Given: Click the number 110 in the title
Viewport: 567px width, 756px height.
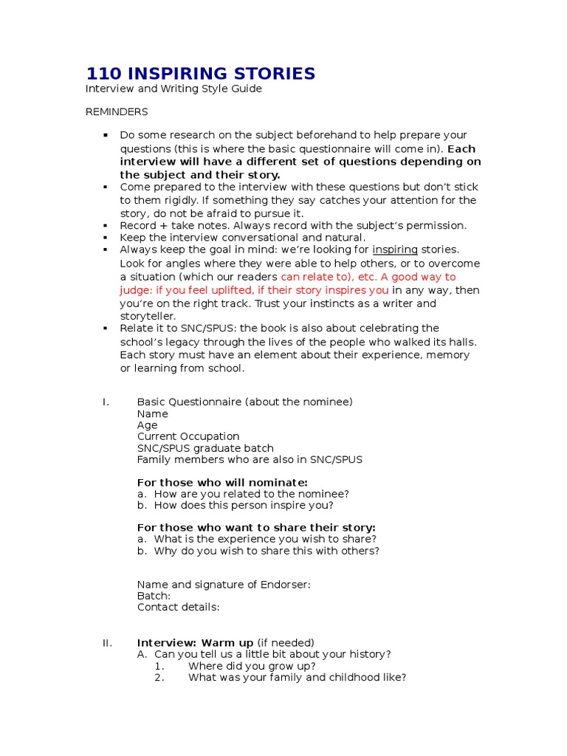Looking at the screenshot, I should [x=104, y=74].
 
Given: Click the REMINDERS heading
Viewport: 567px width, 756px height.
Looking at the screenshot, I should [x=117, y=112].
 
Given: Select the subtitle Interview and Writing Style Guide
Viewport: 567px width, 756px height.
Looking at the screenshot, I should [x=173, y=89].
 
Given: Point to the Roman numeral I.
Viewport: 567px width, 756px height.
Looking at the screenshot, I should [x=106, y=402].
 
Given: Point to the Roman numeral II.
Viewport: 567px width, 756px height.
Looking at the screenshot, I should [x=107, y=643].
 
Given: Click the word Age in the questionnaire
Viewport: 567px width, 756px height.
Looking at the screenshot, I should [x=147, y=425].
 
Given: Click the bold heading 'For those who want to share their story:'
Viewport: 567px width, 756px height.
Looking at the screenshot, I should [x=256, y=528].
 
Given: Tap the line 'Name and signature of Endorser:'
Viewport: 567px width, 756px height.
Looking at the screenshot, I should [x=224, y=585].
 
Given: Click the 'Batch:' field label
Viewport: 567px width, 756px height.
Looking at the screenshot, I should [x=154, y=596].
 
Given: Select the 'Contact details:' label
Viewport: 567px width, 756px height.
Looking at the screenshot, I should [x=178, y=608].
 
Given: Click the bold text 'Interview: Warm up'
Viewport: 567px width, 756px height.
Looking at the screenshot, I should [x=196, y=643].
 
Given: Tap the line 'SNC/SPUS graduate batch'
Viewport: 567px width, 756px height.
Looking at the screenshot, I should [x=205, y=448].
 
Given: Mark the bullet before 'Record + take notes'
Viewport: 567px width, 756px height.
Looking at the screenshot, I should [x=106, y=226].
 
